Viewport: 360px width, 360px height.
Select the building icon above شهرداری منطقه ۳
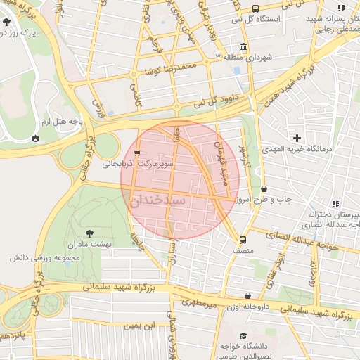(243, 45)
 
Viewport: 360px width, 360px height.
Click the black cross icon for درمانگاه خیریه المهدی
(297, 138)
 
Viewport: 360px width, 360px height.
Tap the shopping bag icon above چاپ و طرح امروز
(264, 189)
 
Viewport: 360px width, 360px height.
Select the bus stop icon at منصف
(243, 239)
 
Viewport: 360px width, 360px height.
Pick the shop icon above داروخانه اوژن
(247, 296)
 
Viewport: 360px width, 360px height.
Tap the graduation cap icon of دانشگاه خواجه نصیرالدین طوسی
(243, 336)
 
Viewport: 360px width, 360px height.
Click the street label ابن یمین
(139, 326)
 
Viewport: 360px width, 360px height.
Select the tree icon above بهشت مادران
(88, 233)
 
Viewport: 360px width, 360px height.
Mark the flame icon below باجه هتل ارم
(35, 139)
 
